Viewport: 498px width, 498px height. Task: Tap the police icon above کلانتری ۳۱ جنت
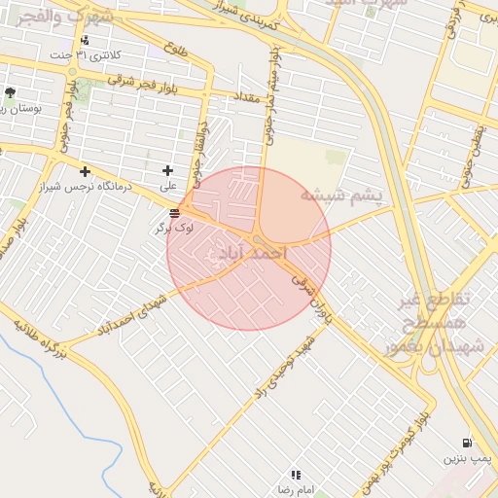click(x=86, y=40)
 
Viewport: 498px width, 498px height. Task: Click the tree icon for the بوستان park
click(x=10, y=93)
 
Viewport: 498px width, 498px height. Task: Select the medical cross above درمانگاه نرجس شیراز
click(x=86, y=171)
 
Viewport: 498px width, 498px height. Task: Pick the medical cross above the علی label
click(x=168, y=170)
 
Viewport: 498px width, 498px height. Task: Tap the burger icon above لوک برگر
click(x=174, y=213)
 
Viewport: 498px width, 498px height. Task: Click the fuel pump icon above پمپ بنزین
click(x=468, y=442)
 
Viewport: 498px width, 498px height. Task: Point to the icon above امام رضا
click(x=296, y=475)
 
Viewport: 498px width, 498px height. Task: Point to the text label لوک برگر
click(x=174, y=228)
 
